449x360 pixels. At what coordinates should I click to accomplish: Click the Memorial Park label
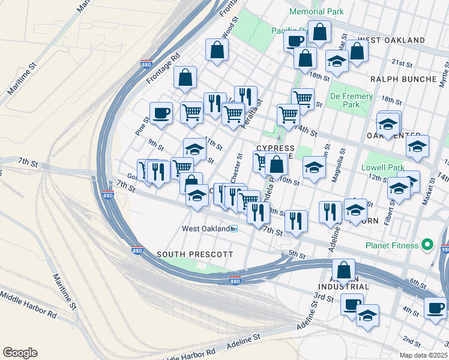[316, 11]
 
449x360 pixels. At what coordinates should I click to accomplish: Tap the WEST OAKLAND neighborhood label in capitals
[391, 40]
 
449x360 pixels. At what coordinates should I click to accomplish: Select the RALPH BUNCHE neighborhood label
[403, 79]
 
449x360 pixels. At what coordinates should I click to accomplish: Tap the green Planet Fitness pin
[427, 245]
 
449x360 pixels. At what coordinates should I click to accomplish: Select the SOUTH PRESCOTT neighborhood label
[194, 254]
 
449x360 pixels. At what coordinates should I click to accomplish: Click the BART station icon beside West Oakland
[235, 229]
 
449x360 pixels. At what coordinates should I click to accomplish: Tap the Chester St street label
[236, 169]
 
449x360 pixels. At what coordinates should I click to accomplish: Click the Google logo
[20, 353]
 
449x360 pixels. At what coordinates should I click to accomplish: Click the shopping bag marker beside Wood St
[217, 52]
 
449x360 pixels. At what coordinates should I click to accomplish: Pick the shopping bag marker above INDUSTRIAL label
[343, 271]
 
